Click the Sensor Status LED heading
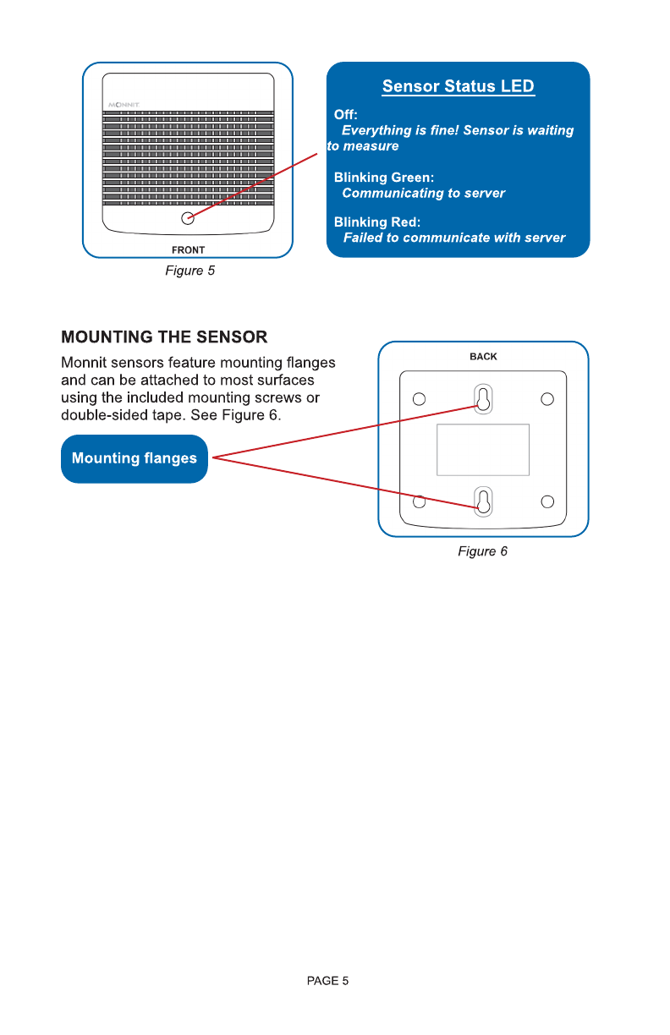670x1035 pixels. point(458,86)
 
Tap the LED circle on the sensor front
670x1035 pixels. point(189,217)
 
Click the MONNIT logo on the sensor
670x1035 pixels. point(124,105)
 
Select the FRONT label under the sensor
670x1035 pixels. point(188,249)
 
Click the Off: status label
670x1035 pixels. point(346,114)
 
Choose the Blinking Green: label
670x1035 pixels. point(384,178)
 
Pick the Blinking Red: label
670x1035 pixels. point(377,222)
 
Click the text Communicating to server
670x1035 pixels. point(423,194)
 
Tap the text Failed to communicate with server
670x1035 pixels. point(454,238)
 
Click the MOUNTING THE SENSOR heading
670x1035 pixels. point(164,337)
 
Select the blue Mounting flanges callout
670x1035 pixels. point(134,458)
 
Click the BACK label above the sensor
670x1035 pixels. point(483,356)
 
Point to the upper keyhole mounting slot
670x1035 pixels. point(482,399)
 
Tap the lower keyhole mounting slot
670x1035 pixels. point(482,501)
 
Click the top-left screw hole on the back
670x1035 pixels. point(418,398)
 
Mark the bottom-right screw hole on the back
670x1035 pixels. point(547,502)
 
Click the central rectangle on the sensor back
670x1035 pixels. point(483,450)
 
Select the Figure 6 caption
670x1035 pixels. point(482,551)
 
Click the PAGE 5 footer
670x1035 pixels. point(327,981)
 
